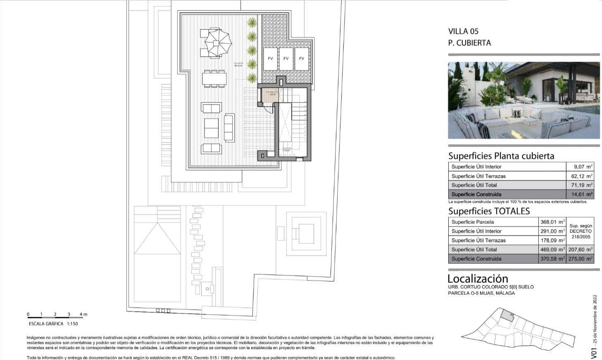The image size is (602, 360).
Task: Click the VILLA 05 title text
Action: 463,31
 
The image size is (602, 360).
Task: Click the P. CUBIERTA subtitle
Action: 469,43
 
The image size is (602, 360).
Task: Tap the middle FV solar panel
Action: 286,59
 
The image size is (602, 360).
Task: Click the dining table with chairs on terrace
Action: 214,79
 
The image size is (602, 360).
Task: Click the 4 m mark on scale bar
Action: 83,315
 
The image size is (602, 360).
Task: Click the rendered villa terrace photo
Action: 523,100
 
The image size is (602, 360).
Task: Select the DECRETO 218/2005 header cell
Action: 581,231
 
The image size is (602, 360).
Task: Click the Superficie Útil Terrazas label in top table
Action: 478,176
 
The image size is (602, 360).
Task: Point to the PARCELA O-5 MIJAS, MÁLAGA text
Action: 481,293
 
